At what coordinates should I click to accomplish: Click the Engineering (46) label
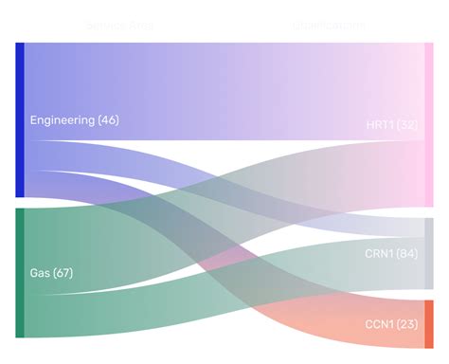click(74, 120)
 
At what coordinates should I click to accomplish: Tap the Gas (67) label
click(51, 273)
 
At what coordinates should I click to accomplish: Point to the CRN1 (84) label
click(391, 254)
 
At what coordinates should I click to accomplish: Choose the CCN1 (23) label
click(391, 324)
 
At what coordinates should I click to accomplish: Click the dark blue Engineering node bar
click(20, 119)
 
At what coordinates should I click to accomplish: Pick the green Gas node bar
click(20, 272)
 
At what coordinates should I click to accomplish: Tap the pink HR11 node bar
click(429, 123)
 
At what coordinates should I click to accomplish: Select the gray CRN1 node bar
click(429, 253)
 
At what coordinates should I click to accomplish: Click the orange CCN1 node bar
click(429, 323)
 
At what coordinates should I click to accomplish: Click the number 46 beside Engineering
click(108, 120)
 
